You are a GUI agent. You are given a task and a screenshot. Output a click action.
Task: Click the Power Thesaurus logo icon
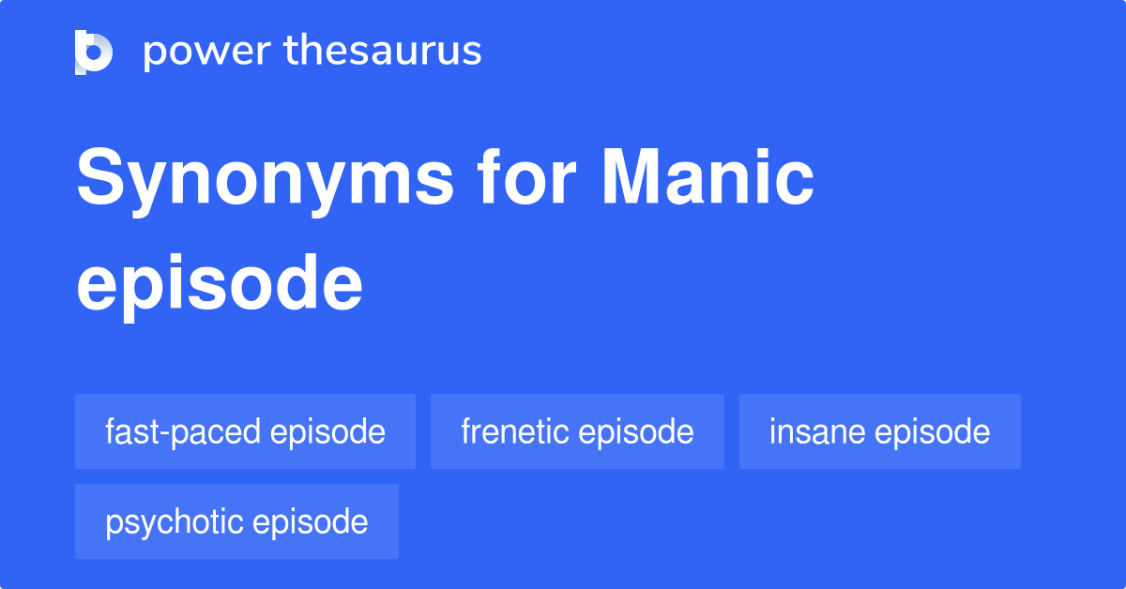pyautogui.click(x=94, y=52)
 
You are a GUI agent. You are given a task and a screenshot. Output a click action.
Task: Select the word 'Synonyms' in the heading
pyautogui.click(x=266, y=180)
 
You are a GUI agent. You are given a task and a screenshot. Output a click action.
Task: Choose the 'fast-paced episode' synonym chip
pyautogui.click(x=245, y=431)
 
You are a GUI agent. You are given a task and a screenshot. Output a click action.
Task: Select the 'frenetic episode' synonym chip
pyautogui.click(x=577, y=431)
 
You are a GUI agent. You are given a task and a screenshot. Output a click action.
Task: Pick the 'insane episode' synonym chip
pyautogui.click(x=879, y=431)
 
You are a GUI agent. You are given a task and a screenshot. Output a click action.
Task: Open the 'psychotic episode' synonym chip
pyautogui.click(x=236, y=521)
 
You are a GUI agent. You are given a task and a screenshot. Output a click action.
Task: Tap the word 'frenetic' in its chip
pyautogui.click(x=515, y=431)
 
